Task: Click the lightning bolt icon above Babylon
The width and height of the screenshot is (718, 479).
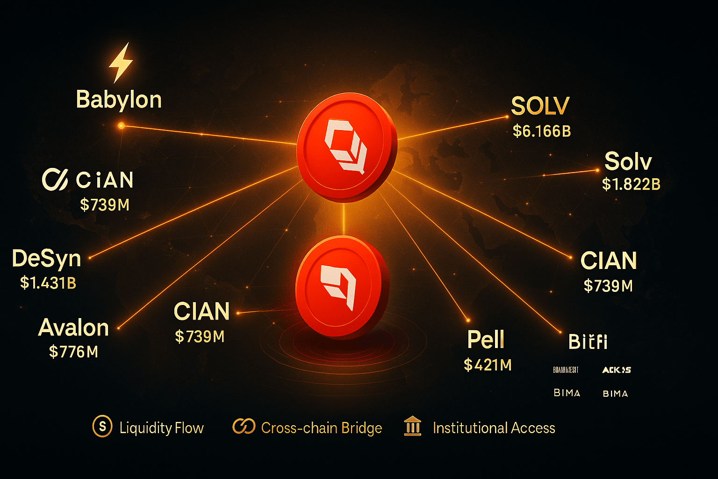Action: [x=121, y=63]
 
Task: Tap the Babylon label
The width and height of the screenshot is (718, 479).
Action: [x=119, y=100]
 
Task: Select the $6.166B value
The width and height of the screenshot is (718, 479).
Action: [x=542, y=131]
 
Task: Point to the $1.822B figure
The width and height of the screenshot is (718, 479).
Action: [x=631, y=184]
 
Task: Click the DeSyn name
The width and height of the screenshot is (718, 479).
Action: [x=47, y=259]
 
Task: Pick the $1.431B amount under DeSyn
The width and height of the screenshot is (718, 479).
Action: [x=48, y=283]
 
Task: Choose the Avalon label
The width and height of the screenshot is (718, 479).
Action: [x=73, y=327]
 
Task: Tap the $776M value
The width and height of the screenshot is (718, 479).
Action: [x=73, y=352]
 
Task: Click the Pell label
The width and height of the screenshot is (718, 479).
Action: [x=486, y=340]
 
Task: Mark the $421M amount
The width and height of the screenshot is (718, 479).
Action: [x=488, y=365]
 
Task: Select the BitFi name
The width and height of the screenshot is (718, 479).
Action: [x=588, y=341]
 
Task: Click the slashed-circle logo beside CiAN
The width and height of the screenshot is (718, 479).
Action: [x=55, y=180]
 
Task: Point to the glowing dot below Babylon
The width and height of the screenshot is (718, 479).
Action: [x=121, y=125]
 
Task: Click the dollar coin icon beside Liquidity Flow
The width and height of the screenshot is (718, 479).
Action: [x=102, y=427]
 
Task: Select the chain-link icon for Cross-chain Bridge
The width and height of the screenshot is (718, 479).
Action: [x=244, y=427]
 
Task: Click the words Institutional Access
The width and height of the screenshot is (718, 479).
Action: [x=494, y=428]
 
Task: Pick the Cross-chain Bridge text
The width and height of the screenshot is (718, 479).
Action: [x=322, y=428]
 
